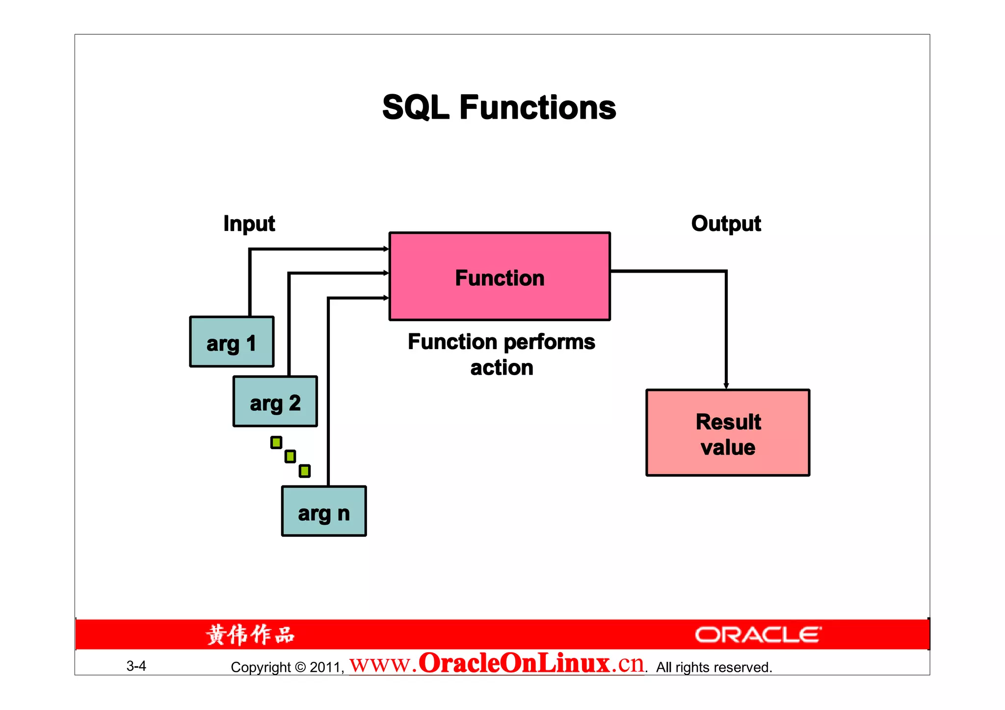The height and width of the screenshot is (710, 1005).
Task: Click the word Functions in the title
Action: tap(537, 108)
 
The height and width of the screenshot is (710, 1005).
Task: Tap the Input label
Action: tap(249, 224)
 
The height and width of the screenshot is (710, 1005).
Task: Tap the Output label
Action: tap(726, 224)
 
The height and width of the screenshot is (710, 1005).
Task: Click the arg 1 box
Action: tap(232, 342)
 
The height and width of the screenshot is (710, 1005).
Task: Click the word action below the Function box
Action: tap(502, 368)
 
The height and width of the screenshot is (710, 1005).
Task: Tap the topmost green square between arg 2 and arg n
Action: tap(276, 443)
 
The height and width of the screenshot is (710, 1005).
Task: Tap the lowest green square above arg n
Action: tap(304, 471)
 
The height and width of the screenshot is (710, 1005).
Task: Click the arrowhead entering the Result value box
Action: tap(726, 386)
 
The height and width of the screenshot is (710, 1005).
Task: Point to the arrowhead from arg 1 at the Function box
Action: tap(386, 249)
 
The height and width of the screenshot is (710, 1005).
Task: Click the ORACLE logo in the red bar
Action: tap(758, 635)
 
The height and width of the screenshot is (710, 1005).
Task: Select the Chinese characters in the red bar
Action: tap(250, 635)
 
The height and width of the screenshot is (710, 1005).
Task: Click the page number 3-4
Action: tap(136, 666)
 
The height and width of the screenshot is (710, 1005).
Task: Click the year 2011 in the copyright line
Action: tap(325, 667)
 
